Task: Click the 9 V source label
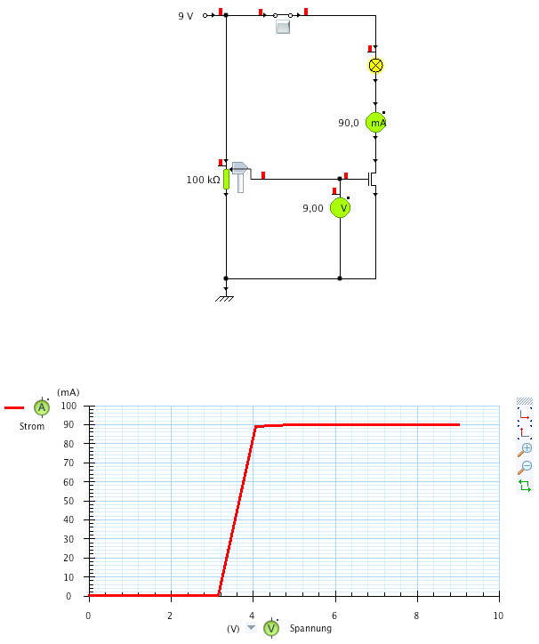click(x=185, y=16)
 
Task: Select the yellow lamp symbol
click(x=375, y=65)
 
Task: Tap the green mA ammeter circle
click(x=376, y=123)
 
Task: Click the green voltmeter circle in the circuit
click(x=340, y=208)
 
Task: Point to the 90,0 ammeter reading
click(x=348, y=124)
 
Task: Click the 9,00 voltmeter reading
click(x=312, y=208)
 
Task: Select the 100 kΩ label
click(x=203, y=180)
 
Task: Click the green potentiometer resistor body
click(x=226, y=180)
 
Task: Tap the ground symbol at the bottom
click(x=226, y=297)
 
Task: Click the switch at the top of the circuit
click(x=283, y=16)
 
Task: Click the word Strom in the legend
click(x=32, y=426)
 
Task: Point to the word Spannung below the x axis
click(x=310, y=628)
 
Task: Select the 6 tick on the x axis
click(x=334, y=616)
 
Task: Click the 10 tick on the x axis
click(x=498, y=616)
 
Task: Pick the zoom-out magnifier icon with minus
click(x=524, y=467)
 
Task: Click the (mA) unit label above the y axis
click(x=68, y=391)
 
